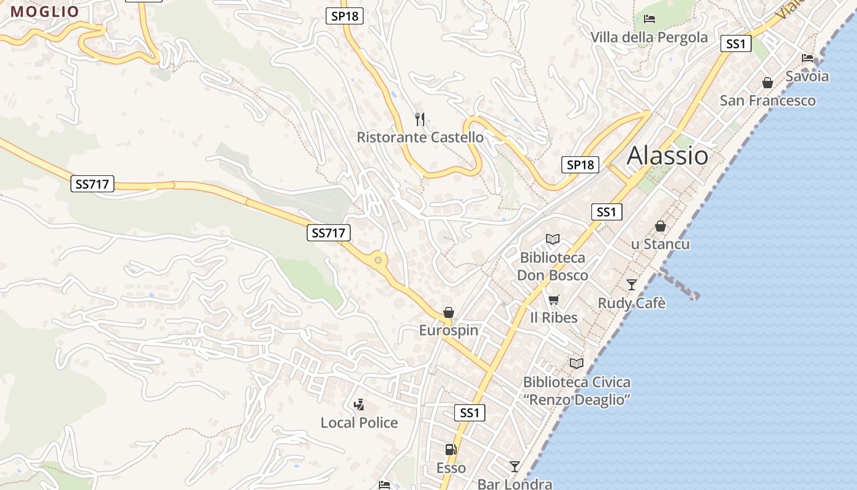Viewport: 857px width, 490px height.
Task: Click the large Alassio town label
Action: pyautogui.click(x=667, y=156)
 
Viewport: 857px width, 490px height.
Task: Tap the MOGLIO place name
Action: pyautogui.click(x=45, y=12)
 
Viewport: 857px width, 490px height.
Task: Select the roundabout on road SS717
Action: pyautogui.click(x=378, y=260)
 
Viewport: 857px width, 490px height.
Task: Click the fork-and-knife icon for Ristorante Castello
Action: pyautogui.click(x=420, y=119)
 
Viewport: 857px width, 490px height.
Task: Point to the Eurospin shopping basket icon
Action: pyautogui.click(x=449, y=312)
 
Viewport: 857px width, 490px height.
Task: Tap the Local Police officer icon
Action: pyautogui.click(x=359, y=404)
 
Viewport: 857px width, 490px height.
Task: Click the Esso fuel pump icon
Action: pyautogui.click(x=451, y=450)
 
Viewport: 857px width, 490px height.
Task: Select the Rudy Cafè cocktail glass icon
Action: pyautogui.click(x=632, y=285)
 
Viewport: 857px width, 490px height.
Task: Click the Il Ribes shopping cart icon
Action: pyautogui.click(x=554, y=300)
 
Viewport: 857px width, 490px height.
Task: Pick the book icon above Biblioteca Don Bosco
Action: pyautogui.click(x=553, y=239)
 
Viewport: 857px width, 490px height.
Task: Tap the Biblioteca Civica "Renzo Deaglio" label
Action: pyautogui.click(x=576, y=391)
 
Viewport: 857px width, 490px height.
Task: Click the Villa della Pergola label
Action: pyautogui.click(x=649, y=37)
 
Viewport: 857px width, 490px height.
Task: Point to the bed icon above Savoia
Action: pyautogui.click(x=807, y=58)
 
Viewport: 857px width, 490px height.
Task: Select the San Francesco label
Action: pyautogui.click(x=768, y=100)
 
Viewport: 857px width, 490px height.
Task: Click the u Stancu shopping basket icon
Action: pyautogui.click(x=661, y=226)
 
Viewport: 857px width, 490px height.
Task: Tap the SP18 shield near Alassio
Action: pyautogui.click(x=580, y=165)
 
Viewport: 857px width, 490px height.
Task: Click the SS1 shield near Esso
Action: pyautogui.click(x=470, y=413)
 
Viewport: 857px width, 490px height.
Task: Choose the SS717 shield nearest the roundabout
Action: pyautogui.click(x=329, y=233)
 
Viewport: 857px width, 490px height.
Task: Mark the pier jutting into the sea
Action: pyautogui.click(x=679, y=284)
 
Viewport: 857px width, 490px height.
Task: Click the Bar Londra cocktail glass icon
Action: pyautogui.click(x=515, y=467)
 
